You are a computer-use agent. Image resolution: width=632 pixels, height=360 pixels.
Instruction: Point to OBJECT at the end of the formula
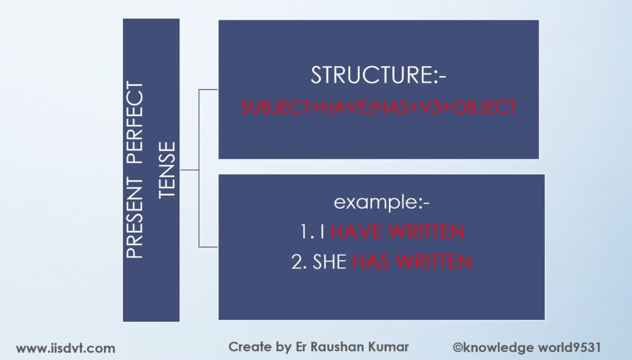(x=484, y=107)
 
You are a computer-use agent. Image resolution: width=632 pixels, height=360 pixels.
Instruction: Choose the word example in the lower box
(x=377, y=202)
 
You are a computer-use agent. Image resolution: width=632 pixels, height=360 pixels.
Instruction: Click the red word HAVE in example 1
(x=356, y=232)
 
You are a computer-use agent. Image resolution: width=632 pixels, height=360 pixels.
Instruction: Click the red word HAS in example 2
(x=370, y=262)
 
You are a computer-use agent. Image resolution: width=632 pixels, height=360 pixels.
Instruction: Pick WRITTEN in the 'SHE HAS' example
(x=434, y=262)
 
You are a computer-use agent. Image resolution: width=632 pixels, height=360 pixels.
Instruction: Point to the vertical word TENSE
(x=167, y=170)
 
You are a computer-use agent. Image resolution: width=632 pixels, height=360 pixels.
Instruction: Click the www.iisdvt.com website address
(x=65, y=348)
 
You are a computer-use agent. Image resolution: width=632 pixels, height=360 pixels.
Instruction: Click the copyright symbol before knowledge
(x=458, y=348)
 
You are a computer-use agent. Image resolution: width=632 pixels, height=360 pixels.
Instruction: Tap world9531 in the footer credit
(x=570, y=348)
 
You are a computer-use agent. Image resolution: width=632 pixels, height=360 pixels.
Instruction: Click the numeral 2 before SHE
(x=297, y=262)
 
